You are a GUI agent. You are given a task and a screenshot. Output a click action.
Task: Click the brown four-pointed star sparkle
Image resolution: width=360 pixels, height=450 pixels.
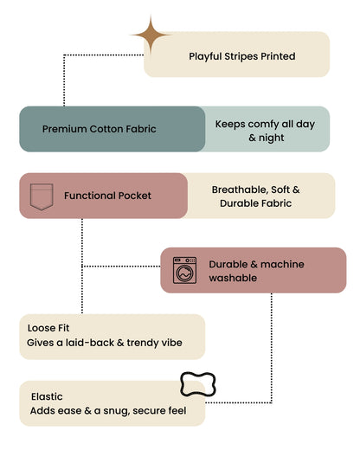pos(151,35)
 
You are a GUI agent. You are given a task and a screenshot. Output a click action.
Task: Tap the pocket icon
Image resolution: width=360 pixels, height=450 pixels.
pos(42,196)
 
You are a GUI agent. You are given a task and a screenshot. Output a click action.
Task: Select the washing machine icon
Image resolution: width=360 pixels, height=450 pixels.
pos(184,270)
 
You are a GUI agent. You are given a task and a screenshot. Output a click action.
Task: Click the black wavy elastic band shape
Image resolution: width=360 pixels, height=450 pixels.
pos(198,384)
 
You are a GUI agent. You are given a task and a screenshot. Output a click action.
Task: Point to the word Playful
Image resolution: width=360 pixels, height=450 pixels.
pos(205,56)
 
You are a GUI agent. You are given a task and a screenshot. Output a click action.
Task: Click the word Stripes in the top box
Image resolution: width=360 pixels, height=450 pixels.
pos(241,56)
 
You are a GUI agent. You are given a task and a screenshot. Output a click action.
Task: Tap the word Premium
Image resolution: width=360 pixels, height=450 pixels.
pos(65,129)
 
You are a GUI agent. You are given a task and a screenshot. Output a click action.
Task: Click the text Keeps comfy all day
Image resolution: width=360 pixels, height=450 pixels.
pos(265,125)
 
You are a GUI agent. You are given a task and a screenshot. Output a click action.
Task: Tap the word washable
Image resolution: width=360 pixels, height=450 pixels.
pos(233,278)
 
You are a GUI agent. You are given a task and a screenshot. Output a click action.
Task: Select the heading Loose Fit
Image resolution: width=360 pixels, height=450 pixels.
pos(48,328)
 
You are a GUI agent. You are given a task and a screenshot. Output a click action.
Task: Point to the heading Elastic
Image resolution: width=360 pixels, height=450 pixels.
pos(47,396)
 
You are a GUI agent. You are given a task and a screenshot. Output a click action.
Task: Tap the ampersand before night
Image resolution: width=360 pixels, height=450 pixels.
pos(252,138)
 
